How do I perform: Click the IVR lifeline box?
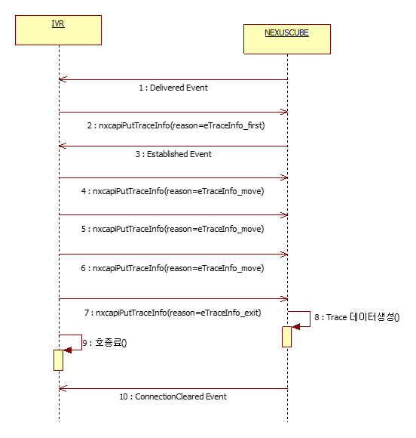pos(58,30)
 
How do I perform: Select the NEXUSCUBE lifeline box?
pos(287,39)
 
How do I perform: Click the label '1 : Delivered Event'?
pos(173,88)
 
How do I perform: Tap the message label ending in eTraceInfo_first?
pos(176,125)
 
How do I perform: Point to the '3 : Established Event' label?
pos(173,154)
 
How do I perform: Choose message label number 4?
pos(173,191)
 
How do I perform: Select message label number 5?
pos(173,229)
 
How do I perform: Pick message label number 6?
pos(173,268)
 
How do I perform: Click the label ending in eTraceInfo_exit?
pos(173,313)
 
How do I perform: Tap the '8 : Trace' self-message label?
pos(357,317)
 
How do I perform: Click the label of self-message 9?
pos(105,342)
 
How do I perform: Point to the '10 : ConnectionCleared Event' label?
pos(173,396)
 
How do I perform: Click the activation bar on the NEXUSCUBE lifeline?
pos(286,337)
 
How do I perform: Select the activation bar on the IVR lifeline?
pos(58,360)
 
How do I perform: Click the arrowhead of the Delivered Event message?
pos(63,79)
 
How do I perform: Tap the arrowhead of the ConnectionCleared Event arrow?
pos(63,388)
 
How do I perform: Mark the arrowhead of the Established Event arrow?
pos(63,146)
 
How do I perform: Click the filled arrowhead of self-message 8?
pos(296,326)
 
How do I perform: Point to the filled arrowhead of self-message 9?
pos(68,350)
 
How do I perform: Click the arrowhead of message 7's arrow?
pos(284,299)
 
